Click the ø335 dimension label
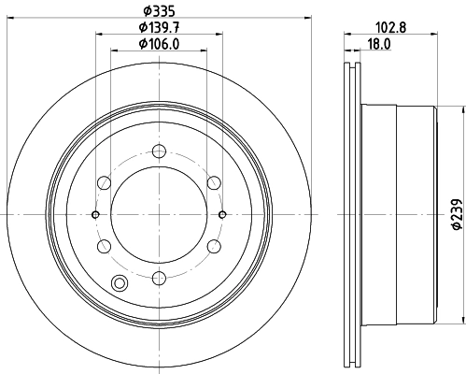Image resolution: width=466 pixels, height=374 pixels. click(x=158, y=10)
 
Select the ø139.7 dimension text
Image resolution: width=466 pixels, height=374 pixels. click(x=158, y=26)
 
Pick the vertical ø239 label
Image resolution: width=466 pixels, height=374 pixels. click(x=457, y=213)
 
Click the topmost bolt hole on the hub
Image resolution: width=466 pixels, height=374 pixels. click(x=159, y=150)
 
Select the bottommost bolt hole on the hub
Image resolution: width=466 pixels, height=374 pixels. click(x=159, y=277)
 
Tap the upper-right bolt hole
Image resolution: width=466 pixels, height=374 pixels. click(x=214, y=181)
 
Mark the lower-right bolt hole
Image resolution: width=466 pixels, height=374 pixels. click(x=214, y=245)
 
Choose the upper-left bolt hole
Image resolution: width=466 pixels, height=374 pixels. click(x=104, y=181)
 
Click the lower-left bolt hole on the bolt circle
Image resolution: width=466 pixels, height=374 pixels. click(x=104, y=245)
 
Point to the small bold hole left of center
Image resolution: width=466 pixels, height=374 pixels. click(x=95, y=213)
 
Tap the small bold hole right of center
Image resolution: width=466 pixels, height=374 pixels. click(x=222, y=213)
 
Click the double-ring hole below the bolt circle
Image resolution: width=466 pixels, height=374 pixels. click(x=119, y=284)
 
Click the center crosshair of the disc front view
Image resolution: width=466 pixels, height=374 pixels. click(x=159, y=213)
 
